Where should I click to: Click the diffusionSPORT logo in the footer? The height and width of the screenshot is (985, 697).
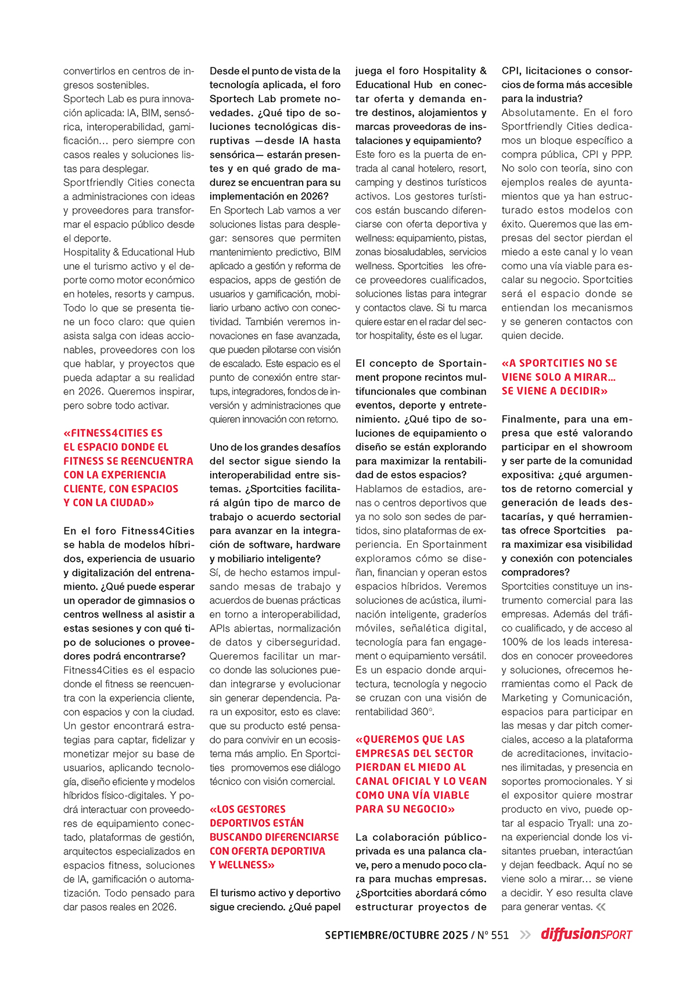(586, 935)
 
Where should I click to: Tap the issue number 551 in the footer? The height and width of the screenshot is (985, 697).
(500, 935)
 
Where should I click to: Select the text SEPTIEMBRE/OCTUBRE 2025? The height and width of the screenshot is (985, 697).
(396, 935)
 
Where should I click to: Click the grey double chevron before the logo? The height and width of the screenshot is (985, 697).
(525, 935)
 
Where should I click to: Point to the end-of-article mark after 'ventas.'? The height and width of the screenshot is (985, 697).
(601, 907)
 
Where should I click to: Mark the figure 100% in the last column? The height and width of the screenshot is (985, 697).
(513, 642)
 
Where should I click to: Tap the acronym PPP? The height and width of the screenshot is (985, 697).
(621, 154)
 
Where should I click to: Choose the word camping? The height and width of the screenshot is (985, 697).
(375, 182)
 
